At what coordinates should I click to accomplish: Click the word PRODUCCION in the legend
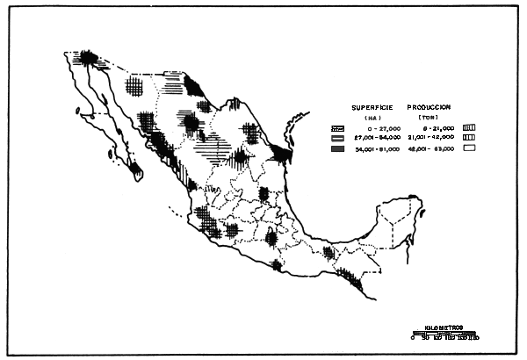pyautogui.click(x=430, y=107)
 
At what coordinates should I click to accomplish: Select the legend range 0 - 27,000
pyautogui.click(x=375, y=128)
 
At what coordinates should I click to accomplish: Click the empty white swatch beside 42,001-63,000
pyautogui.click(x=469, y=150)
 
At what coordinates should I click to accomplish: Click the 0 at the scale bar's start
pyautogui.click(x=413, y=337)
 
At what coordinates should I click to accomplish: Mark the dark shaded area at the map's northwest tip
pyautogui.click(x=89, y=58)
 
